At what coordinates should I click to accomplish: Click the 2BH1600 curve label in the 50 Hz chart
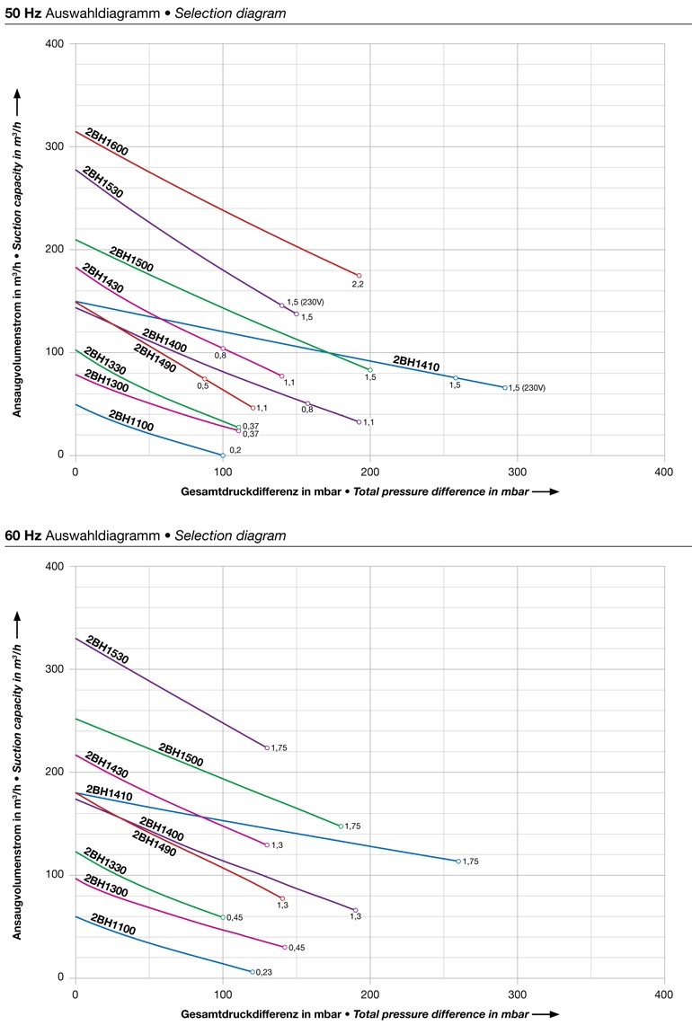tap(106, 142)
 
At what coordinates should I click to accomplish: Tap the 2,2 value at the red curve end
tap(358, 285)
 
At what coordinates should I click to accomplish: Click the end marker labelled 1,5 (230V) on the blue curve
tap(505, 387)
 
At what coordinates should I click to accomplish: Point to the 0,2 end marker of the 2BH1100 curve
tap(223, 455)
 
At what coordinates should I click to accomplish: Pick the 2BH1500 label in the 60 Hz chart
tap(181, 755)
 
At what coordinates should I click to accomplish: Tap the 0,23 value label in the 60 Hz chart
tap(264, 973)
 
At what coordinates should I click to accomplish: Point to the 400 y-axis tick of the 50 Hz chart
tap(56, 44)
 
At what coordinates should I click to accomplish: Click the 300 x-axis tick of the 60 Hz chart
tap(517, 994)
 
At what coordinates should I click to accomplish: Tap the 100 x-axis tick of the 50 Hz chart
tap(222, 473)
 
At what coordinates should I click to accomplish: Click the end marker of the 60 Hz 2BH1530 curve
tap(267, 747)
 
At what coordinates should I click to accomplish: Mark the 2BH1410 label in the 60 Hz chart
tap(109, 794)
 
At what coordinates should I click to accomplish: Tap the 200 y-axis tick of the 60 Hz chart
tap(56, 772)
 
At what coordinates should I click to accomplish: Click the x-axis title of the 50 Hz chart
tap(359, 492)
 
